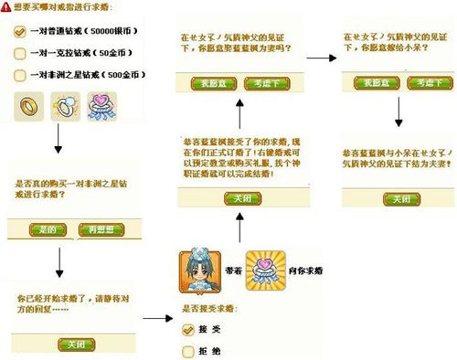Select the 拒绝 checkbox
click(x=187, y=349)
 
